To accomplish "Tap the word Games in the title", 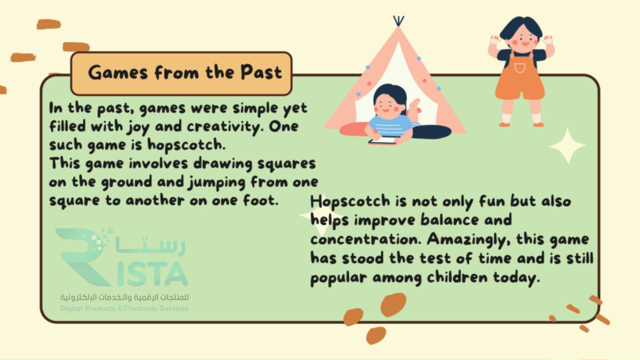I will tap(118, 73).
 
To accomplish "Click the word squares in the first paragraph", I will tap(286, 164).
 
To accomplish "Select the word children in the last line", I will tap(457, 277).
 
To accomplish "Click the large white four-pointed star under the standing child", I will tap(568, 146).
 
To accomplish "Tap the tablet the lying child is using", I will tap(382, 141).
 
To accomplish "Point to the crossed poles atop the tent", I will tap(398, 21).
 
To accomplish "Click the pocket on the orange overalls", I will tap(520, 68).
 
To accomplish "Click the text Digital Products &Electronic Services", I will tap(124, 308).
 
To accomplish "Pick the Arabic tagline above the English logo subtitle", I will tap(125, 298).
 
